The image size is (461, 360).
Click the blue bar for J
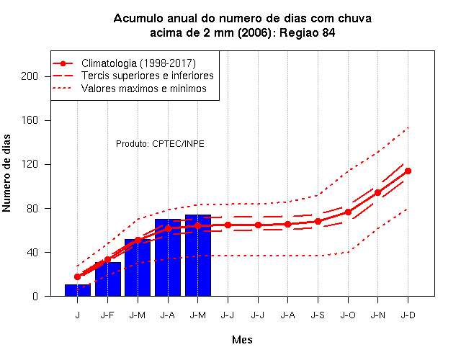78,290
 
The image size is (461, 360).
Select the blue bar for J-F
107,279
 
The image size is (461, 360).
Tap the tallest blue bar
198,256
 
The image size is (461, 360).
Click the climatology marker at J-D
408,171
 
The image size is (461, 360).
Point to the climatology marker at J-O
348,212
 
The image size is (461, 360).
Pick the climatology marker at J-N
377,193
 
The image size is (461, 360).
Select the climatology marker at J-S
318,221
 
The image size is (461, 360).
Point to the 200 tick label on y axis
30,76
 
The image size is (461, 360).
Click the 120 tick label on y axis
30,164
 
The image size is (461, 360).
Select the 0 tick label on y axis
35,296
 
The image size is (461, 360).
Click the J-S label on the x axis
318,315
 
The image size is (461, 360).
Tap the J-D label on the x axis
408,315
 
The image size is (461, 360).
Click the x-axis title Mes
242,340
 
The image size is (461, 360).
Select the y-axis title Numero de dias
6,173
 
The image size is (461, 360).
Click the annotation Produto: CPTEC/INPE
160,144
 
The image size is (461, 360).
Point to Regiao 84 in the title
308,32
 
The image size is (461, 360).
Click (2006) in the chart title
254,32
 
